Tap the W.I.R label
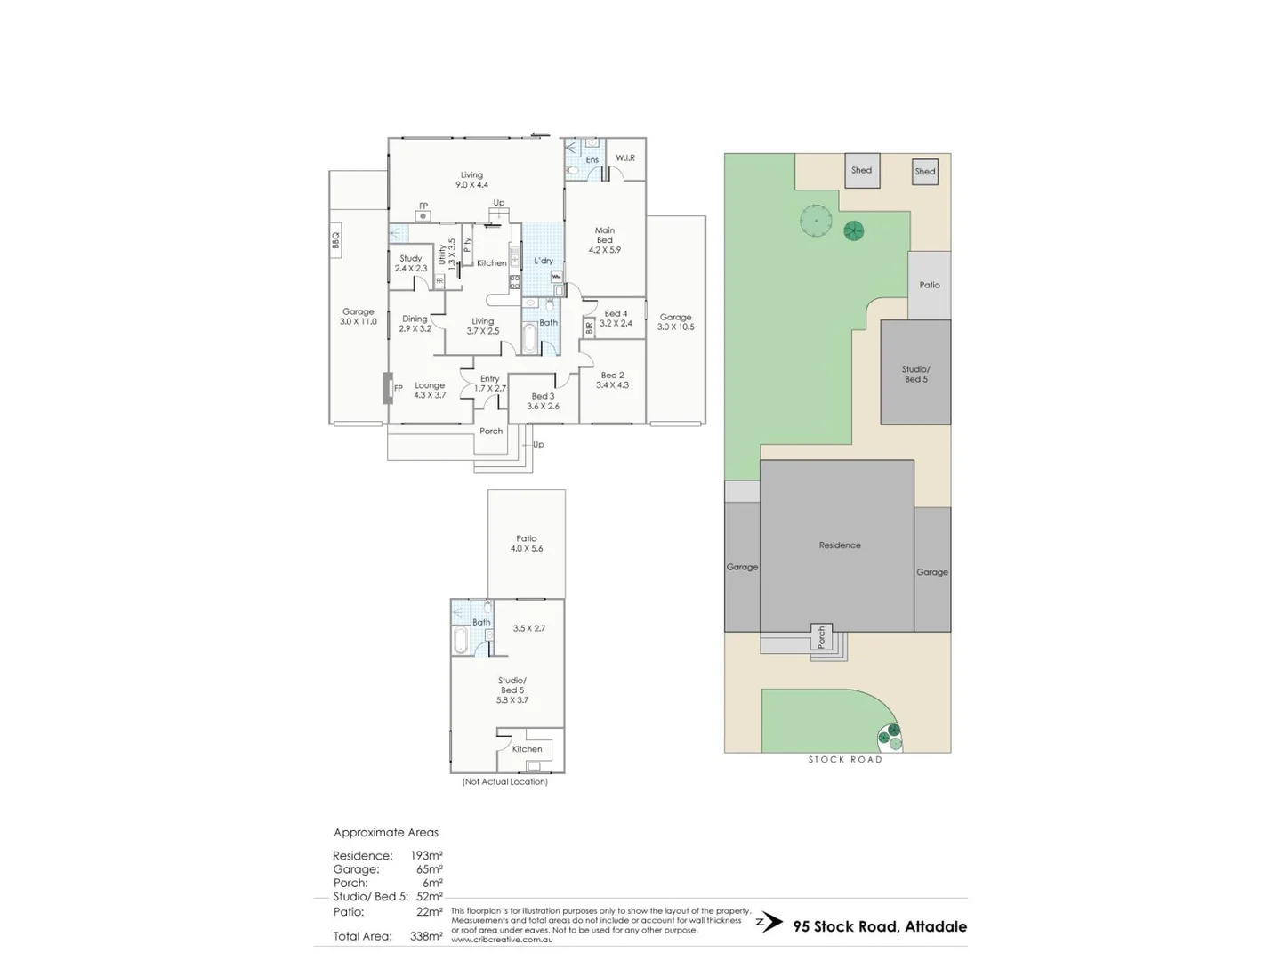[x=624, y=158]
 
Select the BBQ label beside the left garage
[x=335, y=240]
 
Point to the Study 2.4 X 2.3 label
[x=410, y=263]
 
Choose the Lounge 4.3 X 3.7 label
[x=430, y=390]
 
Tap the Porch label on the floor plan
[x=491, y=432]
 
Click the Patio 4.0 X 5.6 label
[x=527, y=544]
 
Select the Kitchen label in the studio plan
[x=527, y=749]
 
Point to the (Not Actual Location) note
[x=504, y=782]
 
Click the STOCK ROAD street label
[x=844, y=760]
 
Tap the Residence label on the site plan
[x=840, y=545]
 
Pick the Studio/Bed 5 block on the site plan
[x=915, y=374]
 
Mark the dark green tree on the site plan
[x=853, y=231]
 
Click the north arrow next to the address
[x=770, y=923]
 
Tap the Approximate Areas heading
[x=386, y=833]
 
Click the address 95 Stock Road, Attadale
[x=880, y=926]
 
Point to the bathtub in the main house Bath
[x=529, y=339]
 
